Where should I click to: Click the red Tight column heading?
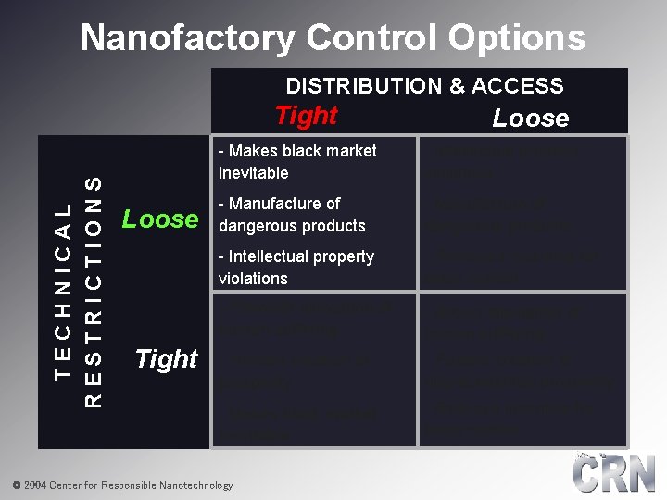pos(306,116)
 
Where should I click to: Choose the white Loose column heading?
pos(530,118)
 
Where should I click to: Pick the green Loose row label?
pos(160,219)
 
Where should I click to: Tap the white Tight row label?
pos(167,358)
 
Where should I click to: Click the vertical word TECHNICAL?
pos(63,290)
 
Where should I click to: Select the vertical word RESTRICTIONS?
pos(93,291)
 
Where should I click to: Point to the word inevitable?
pos(253,173)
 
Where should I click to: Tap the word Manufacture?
pos(284,204)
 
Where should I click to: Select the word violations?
pos(253,279)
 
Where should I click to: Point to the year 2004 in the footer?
pos(34,485)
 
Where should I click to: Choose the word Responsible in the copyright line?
pos(126,485)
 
